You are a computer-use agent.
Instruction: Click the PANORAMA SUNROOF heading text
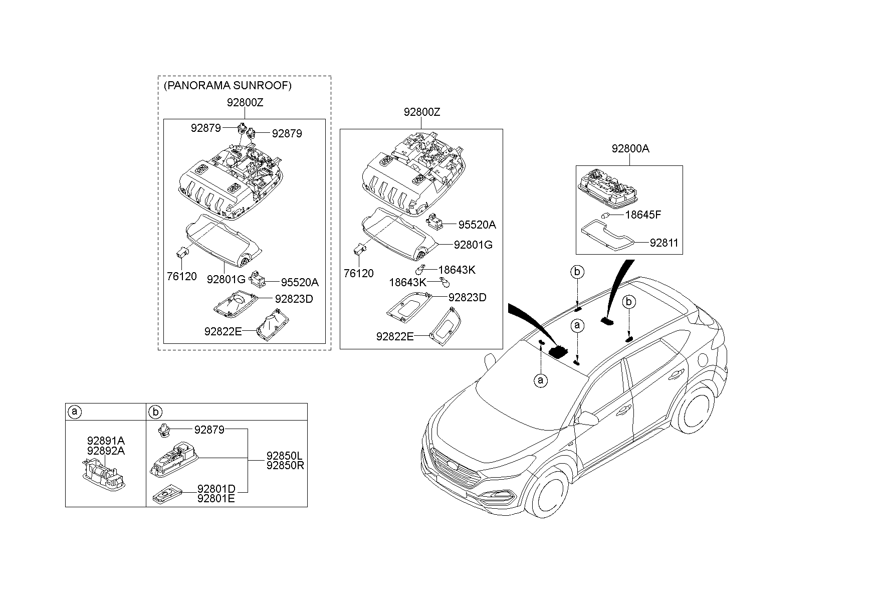point(227,86)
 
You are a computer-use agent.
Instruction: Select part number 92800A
point(630,149)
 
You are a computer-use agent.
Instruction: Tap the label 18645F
point(643,215)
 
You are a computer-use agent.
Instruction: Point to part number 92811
point(663,243)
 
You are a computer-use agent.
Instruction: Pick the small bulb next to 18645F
point(605,216)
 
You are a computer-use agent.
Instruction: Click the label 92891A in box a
point(106,441)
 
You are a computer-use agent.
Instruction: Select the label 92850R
point(285,465)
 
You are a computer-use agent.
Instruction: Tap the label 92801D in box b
point(216,489)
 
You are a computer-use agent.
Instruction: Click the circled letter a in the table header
point(74,412)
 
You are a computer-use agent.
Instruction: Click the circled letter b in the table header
point(155,412)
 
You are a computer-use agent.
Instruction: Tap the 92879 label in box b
point(209,430)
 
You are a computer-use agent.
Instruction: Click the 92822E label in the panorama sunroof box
point(223,331)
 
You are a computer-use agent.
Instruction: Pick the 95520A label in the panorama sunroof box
point(300,283)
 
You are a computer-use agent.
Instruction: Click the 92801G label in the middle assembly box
point(473,245)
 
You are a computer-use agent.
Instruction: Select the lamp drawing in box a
point(104,474)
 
